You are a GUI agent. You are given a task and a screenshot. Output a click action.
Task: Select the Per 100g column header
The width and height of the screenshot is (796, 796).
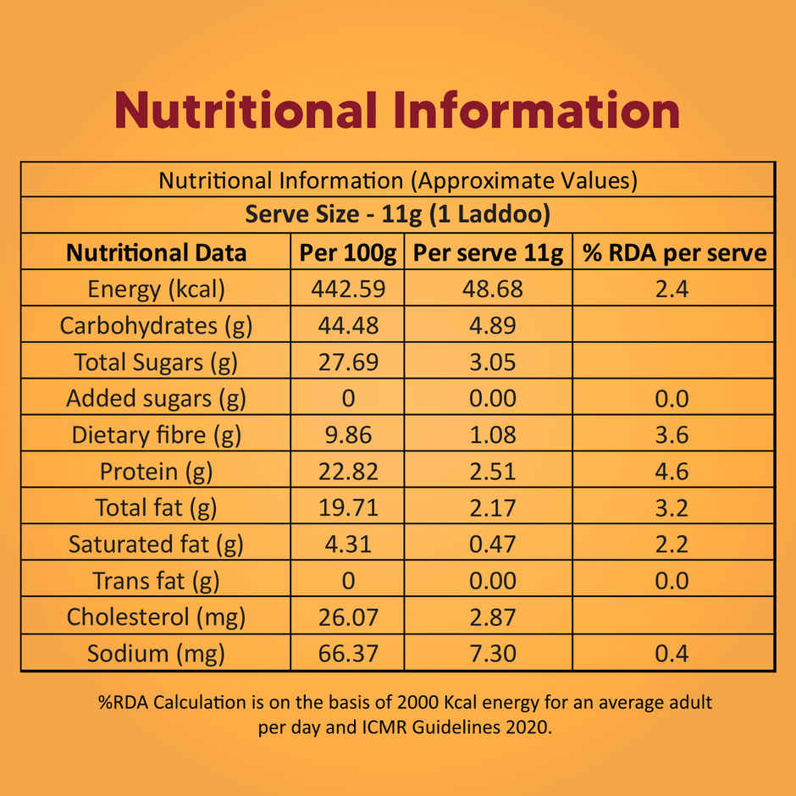pyautogui.click(x=347, y=252)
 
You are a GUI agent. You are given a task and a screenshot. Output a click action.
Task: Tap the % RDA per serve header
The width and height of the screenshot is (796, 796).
pyautogui.click(x=673, y=252)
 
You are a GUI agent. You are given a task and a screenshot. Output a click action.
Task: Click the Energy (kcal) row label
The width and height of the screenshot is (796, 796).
pyautogui.click(x=157, y=289)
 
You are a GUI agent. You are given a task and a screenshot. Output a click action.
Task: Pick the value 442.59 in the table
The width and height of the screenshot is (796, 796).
pyautogui.click(x=347, y=289)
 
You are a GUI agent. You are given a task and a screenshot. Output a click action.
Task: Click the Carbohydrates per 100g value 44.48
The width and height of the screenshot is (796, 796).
pyautogui.click(x=347, y=325)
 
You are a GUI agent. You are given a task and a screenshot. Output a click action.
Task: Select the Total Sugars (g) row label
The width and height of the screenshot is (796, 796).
pyautogui.click(x=157, y=362)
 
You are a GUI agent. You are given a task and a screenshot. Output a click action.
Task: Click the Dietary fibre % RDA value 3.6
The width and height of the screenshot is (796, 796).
pyautogui.click(x=673, y=435)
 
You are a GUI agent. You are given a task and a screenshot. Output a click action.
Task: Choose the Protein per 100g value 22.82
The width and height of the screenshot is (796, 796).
pyautogui.click(x=347, y=472)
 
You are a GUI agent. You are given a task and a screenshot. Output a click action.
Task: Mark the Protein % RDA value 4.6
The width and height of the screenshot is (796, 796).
pyautogui.click(x=673, y=472)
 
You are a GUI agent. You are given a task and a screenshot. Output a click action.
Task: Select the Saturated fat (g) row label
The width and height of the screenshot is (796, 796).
pyautogui.click(x=157, y=544)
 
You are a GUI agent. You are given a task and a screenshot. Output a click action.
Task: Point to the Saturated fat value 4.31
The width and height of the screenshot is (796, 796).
pyautogui.click(x=347, y=544)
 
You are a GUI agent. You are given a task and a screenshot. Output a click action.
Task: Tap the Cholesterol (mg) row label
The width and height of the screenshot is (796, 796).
pyautogui.click(x=157, y=617)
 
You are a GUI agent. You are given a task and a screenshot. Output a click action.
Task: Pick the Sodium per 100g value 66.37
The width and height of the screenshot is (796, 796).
pyautogui.click(x=347, y=654)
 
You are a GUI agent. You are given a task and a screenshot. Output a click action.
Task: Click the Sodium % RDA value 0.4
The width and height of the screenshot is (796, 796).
pyautogui.click(x=673, y=654)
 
